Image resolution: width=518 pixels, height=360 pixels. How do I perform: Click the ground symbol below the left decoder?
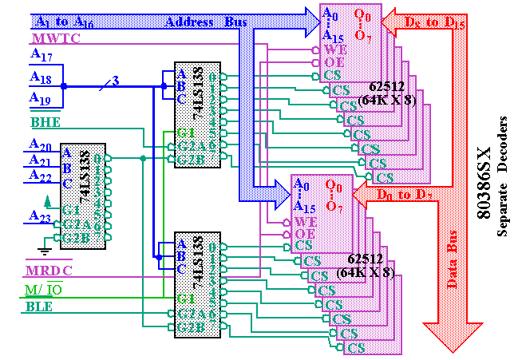[45, 250]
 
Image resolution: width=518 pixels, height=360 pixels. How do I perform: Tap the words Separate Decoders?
[503, 180]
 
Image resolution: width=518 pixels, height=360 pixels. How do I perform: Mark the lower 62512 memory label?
[365, 266]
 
